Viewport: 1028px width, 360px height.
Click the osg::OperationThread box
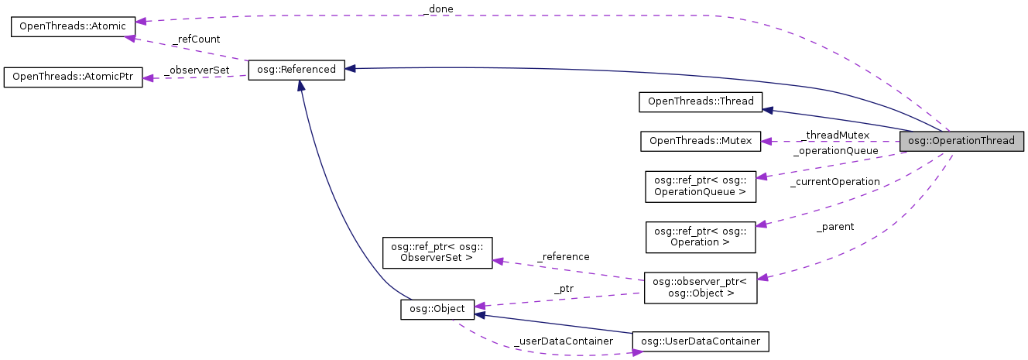961,141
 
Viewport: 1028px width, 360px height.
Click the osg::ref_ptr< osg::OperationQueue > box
701,187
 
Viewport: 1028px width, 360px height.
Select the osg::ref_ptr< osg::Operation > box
701,236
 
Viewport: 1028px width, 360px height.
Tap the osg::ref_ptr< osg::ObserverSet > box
438,252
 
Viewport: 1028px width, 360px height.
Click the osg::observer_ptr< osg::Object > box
701,287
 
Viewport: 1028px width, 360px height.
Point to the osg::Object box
437,309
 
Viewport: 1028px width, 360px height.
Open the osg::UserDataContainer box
701,341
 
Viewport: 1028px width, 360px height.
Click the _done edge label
437,9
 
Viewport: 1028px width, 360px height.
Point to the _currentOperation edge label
834,182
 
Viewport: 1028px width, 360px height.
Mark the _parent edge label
835,227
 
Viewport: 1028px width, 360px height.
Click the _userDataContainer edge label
563,341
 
